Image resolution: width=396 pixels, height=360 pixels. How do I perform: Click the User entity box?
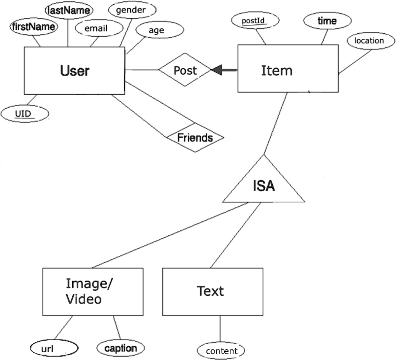pyautogui.click(x=74, y=70)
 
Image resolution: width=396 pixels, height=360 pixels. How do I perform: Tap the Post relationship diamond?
pyautogui.click(x=185, y=70)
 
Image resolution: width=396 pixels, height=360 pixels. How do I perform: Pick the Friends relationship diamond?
pyautogui.click(x=195, y=138)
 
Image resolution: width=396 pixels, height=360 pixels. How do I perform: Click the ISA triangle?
pyautogui.click(x=264, y=185)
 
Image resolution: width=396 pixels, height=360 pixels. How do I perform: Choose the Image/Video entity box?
pyautogui.click(x=92, y=291)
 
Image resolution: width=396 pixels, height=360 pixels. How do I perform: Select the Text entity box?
pyautogui.click(x=212, y=291)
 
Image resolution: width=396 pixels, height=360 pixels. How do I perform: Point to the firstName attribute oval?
pyautogui.click(x=33, y=27)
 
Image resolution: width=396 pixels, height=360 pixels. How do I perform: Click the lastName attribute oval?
pyautogui.click(x=69, y=11)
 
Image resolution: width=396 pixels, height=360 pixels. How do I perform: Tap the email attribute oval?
pyautogui.click(x=96, y=28)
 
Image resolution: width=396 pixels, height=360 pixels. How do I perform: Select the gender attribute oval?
pyautogui.click(x=131, y=10)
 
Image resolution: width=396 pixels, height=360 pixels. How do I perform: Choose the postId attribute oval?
pyautogui.click(x=254, y=21)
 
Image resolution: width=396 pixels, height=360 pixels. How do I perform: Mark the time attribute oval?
pyautogui.click(x=327, y=21)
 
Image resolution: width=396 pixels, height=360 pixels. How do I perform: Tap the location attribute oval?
pyautogui.click(x=369, y=41)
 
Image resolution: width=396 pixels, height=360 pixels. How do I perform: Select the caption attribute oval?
pyautogui.click(x=120, y=348)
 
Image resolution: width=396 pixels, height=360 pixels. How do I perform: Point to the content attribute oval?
pyautogui.click(x=221, y=351)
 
